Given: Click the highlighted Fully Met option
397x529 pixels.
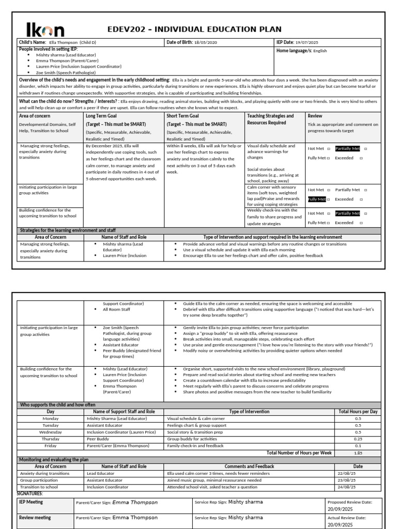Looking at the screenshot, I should click(x=317, y=199).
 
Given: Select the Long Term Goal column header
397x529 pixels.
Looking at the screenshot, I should click(x=102, y=116).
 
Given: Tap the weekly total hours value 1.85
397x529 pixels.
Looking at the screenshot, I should click(x=357, y=453).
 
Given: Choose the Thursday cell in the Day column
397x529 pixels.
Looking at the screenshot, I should click(x=51, y=439).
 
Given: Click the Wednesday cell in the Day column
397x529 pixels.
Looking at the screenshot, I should click(x=51, y=432).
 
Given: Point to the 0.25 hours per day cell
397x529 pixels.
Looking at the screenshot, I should click(x=357, y=439).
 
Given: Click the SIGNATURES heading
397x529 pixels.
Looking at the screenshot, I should click(x=30, y=493).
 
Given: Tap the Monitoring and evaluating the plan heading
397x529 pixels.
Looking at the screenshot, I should click(x=51, y=459).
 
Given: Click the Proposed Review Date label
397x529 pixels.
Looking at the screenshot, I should click(x=347, y=502).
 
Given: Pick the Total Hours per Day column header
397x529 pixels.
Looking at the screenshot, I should click(x=357, y=412).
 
